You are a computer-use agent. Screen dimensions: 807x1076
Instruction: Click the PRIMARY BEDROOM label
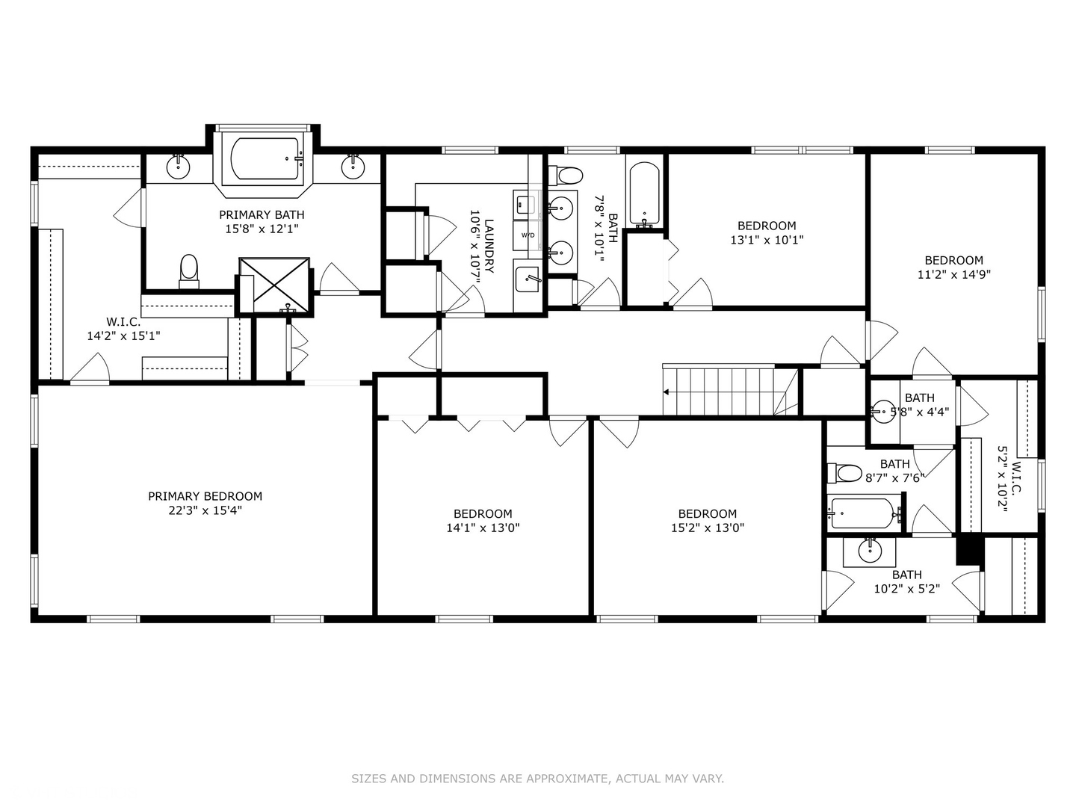[205, 496]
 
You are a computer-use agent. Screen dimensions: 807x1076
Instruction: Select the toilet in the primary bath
[189, 270]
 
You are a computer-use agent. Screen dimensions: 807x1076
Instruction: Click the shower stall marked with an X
[273, 284]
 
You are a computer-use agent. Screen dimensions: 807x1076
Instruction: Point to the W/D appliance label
[528, 235]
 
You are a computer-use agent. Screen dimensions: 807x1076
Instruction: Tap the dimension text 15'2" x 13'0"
[707, 528]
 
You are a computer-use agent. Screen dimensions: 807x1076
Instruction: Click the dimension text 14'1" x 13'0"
[483, 528]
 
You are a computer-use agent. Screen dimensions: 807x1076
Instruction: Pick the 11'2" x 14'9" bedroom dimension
[953, 274]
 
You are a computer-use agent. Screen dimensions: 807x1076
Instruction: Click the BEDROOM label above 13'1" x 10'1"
[767, 226]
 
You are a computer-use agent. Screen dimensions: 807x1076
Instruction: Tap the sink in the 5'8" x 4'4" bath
[883, 411]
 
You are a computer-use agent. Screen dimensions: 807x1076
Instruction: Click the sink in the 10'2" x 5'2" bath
[870, 551]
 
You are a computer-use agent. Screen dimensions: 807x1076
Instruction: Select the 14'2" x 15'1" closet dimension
[123, 336]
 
